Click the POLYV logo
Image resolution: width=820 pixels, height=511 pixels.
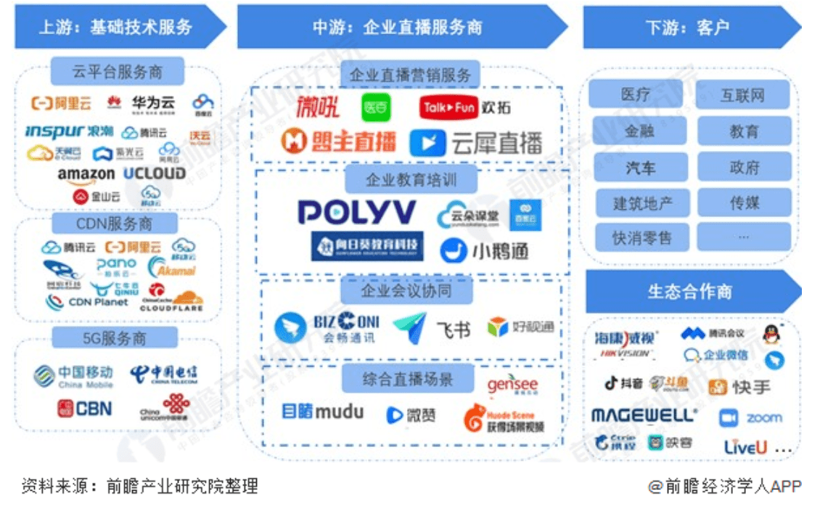click(x=356, y=212)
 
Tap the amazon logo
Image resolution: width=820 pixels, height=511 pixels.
click(x=86, y=174)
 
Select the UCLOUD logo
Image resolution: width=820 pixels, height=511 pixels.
click(x=154, y=173)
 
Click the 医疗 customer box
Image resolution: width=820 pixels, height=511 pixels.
click(x=635, y=94)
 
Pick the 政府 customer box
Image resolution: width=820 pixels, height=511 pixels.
click(x=744, y=168)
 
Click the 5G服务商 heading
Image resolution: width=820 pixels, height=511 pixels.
click(x=114, y=338)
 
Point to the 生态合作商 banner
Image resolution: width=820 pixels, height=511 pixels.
click(x=689, y=292)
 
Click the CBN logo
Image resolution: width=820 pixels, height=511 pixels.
click(x=85, y=409)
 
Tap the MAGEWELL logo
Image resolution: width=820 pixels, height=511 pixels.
click(x=644, y=415)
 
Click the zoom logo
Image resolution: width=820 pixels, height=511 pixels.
click(x=751, y=418)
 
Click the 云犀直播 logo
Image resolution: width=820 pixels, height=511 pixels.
click(x=475, y=143)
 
